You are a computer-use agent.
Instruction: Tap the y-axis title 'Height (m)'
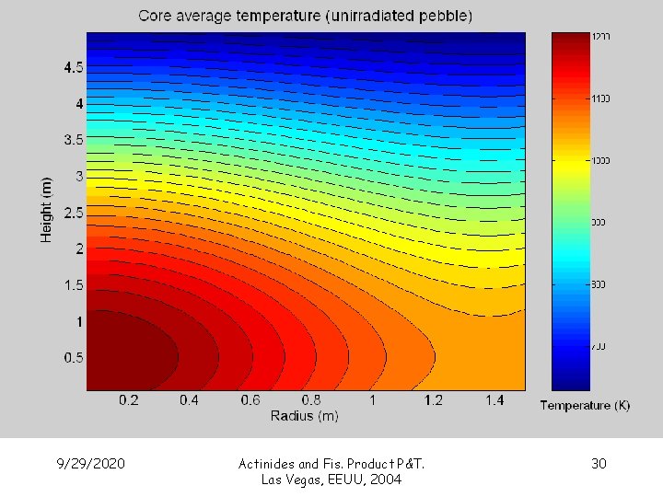click(47, 210)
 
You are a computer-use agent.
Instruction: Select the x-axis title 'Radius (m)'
click(304, 416)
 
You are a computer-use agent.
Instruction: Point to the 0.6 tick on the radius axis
click(250, 401)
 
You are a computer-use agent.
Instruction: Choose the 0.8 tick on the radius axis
click(311, 401)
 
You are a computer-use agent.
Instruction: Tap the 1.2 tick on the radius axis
click(434, 401)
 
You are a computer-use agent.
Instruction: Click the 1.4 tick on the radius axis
click(494, 401)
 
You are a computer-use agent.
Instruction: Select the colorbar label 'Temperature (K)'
click(585, 406)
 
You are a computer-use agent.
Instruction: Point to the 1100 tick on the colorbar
click(601, 98)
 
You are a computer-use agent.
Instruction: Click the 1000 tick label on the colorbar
click(601, 161)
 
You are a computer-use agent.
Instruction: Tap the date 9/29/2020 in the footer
click(90, 463)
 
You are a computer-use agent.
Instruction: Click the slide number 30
click(599, 463)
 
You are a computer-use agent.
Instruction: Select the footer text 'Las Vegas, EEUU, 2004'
click(331, 480)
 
